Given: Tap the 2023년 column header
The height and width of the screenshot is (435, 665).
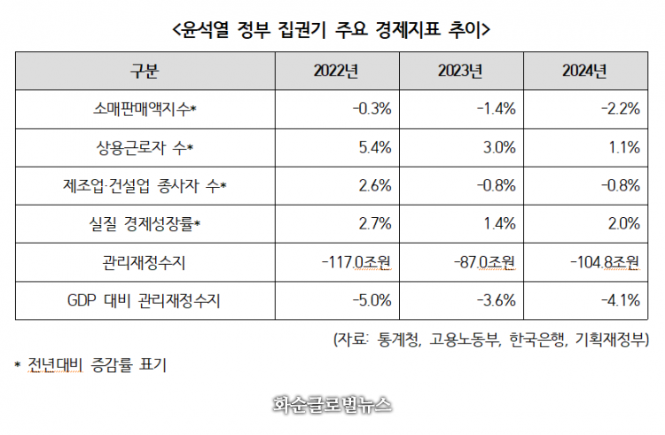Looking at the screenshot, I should pyautogui.click(x=458, y=71).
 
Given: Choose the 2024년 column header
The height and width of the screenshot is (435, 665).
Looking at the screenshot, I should pyautogui.click(x=585, y=71).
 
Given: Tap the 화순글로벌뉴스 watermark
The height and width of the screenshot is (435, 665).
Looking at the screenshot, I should pyautogui.click(x=332, y=405).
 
